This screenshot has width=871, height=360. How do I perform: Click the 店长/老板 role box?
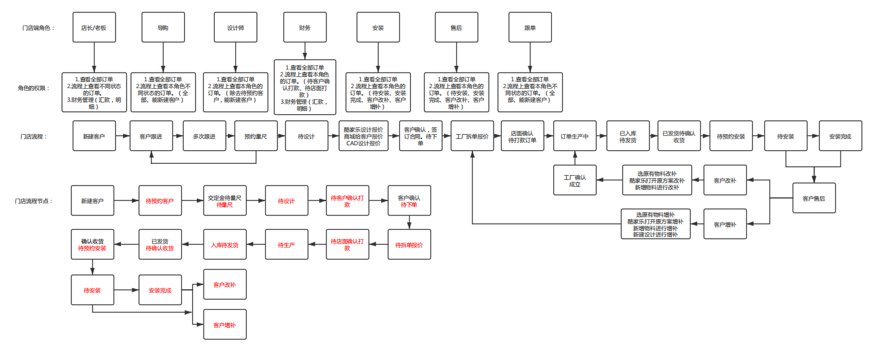pyautogui.click(x=94, y=28)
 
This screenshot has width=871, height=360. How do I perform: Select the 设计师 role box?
pyautogui.click(x=235, y=28)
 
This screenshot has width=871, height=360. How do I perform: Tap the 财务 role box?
pyautogui.click(x=304, y=28)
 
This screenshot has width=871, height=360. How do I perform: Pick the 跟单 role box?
pyautogui.click(x=530, y=28)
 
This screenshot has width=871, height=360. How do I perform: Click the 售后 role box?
pyautogui.click(x=456, y=28)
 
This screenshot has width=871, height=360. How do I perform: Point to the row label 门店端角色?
pyautogui.click(x=38, y=28)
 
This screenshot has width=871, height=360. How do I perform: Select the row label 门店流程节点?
pyautogui.click(x=34, y=201)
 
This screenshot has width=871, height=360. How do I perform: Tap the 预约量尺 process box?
pyautogui.click(x=256, y=136)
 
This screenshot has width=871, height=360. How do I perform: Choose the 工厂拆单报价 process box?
pyautogui.click(x=472, y=136)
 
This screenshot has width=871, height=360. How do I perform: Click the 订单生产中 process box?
pyautogui.click(x=575, y=136)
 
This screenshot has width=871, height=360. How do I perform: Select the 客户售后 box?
pyautogui.click(x=814, y=199)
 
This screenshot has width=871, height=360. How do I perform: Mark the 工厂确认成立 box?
pyautogui.click(x=575, y=181)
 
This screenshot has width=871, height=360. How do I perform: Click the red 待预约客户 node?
pyautogui.click(x=160, y=201)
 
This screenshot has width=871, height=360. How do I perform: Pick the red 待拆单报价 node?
pyautogui.click(x=409, y=245)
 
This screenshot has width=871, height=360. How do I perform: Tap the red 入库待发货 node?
pyautogui.click(x=225, y=245)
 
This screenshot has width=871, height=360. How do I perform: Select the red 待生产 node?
pyautogui.click(x=286, y=245)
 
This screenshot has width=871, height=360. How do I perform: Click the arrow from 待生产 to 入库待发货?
pyautogui.click(x=256, y=245)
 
